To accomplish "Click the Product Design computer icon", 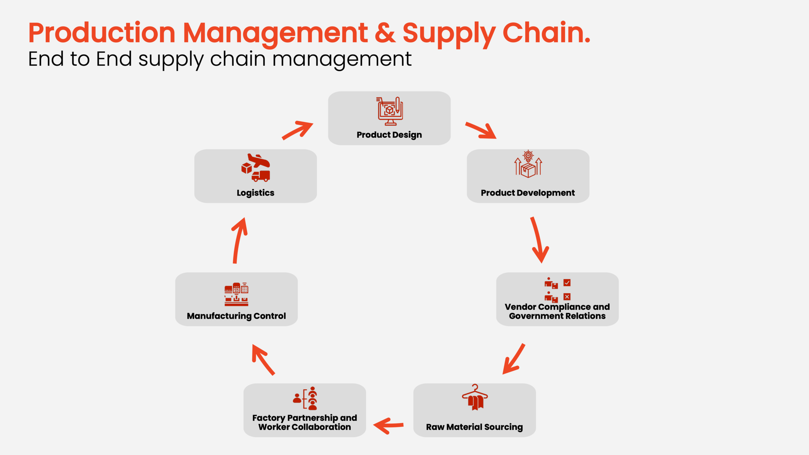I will (x=390, y=111).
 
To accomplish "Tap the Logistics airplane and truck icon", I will (x=256, y=168).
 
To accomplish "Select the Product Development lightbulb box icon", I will (x=528, y=164).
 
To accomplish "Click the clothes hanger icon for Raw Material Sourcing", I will (x=475, y=397).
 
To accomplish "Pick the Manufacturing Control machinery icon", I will (x=236, y=294).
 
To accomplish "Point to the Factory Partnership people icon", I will (x=305, y=398).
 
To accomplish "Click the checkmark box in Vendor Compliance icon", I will (x=567, y=282).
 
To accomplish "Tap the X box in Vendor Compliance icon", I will (x=567, y=297).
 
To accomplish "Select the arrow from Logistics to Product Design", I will (x=297, y=130).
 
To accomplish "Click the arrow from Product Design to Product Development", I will (x=481, y=130).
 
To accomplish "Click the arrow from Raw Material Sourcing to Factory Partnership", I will (x=388, y=426).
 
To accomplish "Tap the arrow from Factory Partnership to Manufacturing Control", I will (x=263, y=360).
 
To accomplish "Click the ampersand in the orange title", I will (x=385, y=33).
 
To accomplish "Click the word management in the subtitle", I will (x=342, y=59).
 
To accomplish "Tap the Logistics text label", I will (x=255, y=193).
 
